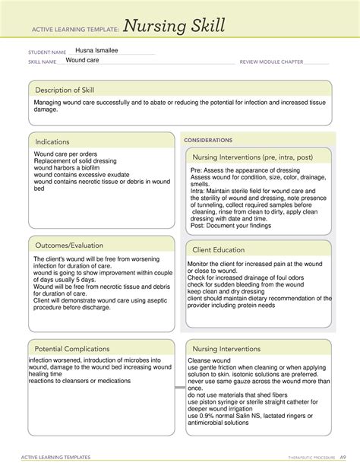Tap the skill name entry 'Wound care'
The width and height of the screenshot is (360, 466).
(x=84, y=60)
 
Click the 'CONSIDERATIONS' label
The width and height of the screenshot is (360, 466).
(x=207, y=141)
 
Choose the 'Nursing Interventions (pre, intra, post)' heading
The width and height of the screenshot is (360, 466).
(x=257, y=157)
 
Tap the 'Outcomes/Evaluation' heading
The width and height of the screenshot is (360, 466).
(x=69, y=246)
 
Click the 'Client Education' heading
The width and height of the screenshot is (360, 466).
(x=219, y=249)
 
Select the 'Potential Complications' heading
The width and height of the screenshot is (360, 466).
(x=71, y=348)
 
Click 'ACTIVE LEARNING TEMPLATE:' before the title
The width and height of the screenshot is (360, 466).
(x=74, y=30)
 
